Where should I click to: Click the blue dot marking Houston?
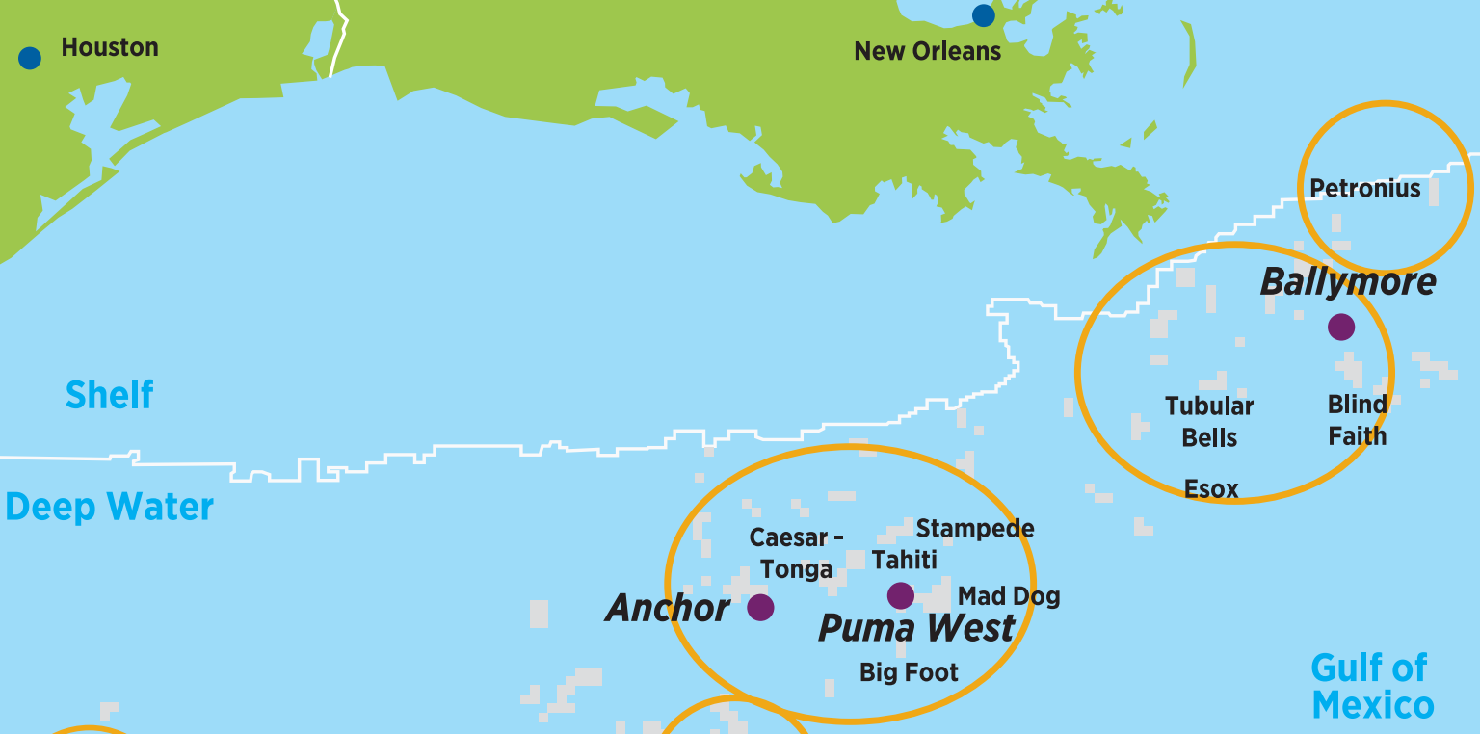30,58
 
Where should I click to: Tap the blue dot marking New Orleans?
983,15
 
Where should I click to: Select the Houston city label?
110,47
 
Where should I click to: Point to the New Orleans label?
927,52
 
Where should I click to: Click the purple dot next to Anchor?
760,607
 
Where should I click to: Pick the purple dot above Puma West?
901,595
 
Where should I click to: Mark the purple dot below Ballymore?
1340,327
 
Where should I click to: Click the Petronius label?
1365,189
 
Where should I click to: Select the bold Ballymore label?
1348,282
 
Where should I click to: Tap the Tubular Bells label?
1209,422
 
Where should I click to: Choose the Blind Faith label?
1358,420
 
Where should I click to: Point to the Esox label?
1211,489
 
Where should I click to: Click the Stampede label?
975,529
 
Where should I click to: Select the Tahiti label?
904,560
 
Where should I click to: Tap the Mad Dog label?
1009,597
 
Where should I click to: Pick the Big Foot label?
909,672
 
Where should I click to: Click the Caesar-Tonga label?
796,552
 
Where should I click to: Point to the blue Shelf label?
109,395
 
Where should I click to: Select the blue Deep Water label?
109,507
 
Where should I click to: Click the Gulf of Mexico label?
1372,686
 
